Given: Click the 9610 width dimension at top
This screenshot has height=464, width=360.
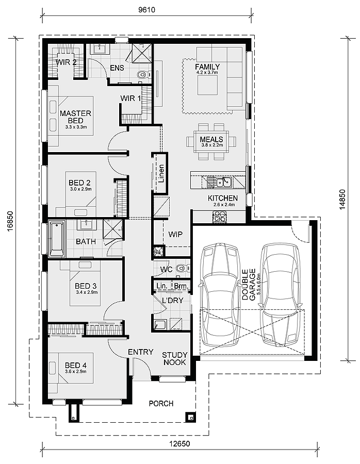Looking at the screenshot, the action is (x=146, y=10).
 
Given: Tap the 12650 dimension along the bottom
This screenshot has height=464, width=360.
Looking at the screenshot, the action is (x=179, y=443).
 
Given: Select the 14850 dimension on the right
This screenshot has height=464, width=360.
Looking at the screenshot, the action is (x=342, y=200).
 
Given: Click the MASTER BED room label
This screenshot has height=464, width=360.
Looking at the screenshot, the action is (x=75, y=117).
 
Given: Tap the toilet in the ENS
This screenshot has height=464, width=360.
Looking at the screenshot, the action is (x=143, y=74).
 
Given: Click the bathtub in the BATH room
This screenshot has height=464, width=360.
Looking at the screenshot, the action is (x=57, y=239).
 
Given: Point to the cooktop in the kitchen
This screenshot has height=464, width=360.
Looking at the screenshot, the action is (x=219, y=217).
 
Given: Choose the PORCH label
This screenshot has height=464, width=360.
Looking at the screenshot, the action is (x=161, y=403).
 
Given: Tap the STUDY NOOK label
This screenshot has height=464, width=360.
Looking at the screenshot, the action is (x=175, y=358).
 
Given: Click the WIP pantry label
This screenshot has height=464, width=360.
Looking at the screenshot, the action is (x=175, y=235).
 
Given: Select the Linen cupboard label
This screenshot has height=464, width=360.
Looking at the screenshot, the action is (x=161, y=174).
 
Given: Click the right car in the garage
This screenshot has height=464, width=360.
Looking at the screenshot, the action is (x=280, y=295).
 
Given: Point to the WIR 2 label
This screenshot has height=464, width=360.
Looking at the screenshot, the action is (x=66, y=62).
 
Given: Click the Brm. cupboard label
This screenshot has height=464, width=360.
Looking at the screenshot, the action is (x=181, y=286).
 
